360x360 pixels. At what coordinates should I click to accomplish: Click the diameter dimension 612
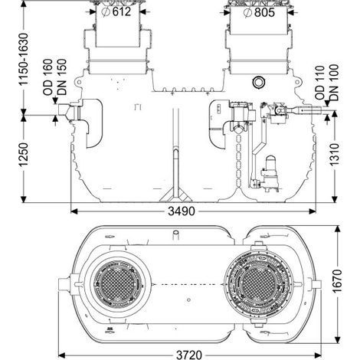pyautogui.click(x=116, y=12)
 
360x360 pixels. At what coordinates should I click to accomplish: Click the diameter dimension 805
pyautogui.click(x=259, y=12)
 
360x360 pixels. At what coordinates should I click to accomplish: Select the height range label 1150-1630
pyautogui.click(x=24, y=59)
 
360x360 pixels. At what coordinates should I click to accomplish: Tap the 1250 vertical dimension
pyautogui.click(x=24, y=155)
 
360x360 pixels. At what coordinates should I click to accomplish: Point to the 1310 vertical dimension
pyautogui.click(x=335, y=154)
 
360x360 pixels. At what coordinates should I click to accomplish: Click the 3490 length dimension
pyautogui.click(x=182, y=211)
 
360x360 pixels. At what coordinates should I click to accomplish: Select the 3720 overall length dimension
pyautogui.click(x=189, y=355)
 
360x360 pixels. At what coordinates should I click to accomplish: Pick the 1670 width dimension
pyautogui.click(x=338, y=281)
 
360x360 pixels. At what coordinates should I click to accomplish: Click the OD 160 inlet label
pyautogui.click(x=47, y=77)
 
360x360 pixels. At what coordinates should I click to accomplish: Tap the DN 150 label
pyautogui.click(x=61, y=77)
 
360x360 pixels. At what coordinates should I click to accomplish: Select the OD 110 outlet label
pyautogui.click(x=320, y=83)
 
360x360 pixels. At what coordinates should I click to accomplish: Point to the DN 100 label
pyautogui.click(x=333, y=82)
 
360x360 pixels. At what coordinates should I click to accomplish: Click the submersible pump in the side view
pyautogui.click(x=270, y=174)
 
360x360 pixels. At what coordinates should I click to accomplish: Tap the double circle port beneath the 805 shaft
pyautogui.click(x=259, y=82)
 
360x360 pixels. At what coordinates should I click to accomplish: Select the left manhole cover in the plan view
pyautogui.click(x=117, y=284)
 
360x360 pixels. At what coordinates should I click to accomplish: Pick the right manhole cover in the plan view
pyautogui.click(x=258, y=284)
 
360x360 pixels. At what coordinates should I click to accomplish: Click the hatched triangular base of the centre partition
pyautogui.click(x=176, y=195)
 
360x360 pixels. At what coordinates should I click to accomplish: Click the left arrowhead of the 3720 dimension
pyautogui.click(x=62, y=355)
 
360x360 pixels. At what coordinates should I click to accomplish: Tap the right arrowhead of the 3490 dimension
pyautogui.click(x=313, y=211)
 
